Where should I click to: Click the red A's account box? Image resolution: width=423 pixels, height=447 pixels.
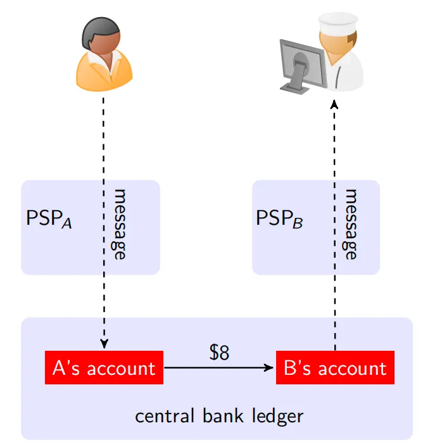tap(104, 367)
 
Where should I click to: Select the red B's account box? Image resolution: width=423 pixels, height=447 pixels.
tap(335, 367)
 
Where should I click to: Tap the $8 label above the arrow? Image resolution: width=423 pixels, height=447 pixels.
tap(219, 353)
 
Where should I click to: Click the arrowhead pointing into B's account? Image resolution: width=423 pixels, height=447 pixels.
tap(270, 367)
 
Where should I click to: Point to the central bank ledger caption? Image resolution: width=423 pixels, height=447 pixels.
tap(219, 416)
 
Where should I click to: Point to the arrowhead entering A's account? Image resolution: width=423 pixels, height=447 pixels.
tap(104, 344)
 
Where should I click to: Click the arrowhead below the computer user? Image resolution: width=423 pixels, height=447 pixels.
tap(335, 103)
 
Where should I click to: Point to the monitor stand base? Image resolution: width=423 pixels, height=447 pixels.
tap(297, 87)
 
